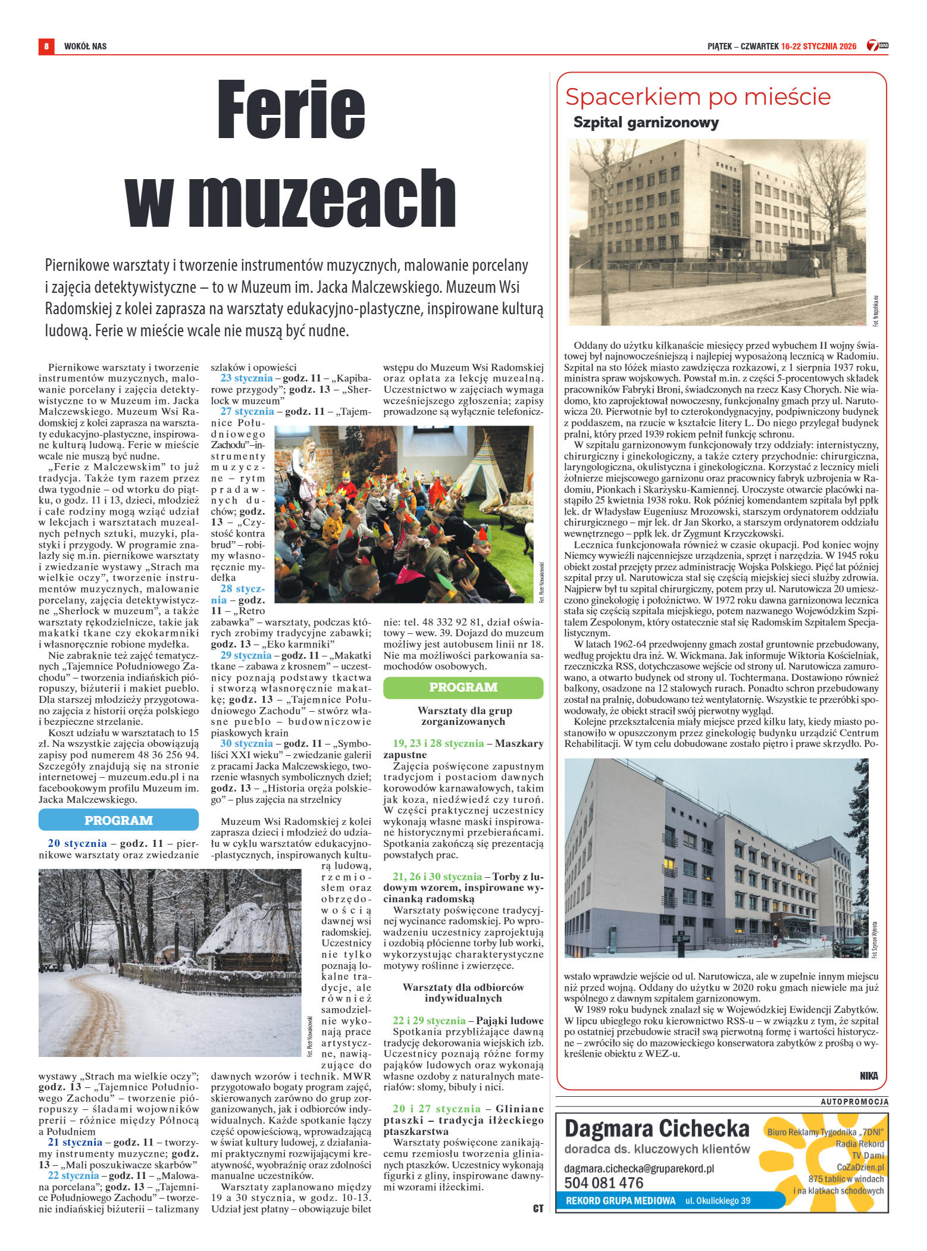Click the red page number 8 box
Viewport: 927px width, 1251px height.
point(46,46)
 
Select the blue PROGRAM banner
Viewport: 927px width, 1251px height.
point(118,820)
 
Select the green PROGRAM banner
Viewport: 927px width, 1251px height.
point(463,687)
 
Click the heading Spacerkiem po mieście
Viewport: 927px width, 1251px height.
point(697,96)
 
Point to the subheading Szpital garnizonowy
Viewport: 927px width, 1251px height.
point(646,123)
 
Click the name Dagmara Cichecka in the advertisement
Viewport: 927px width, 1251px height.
point(656,1129)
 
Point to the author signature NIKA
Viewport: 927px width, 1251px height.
point(869,1075)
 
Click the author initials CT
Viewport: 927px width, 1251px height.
point(538,1208)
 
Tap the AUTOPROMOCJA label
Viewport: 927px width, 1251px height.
point(854,1102)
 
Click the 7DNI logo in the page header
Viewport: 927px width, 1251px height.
point(877,45)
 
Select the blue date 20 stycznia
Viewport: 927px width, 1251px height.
point(77,843)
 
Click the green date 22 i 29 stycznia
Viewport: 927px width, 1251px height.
point(428,1021)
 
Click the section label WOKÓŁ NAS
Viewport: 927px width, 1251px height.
point(85,46)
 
